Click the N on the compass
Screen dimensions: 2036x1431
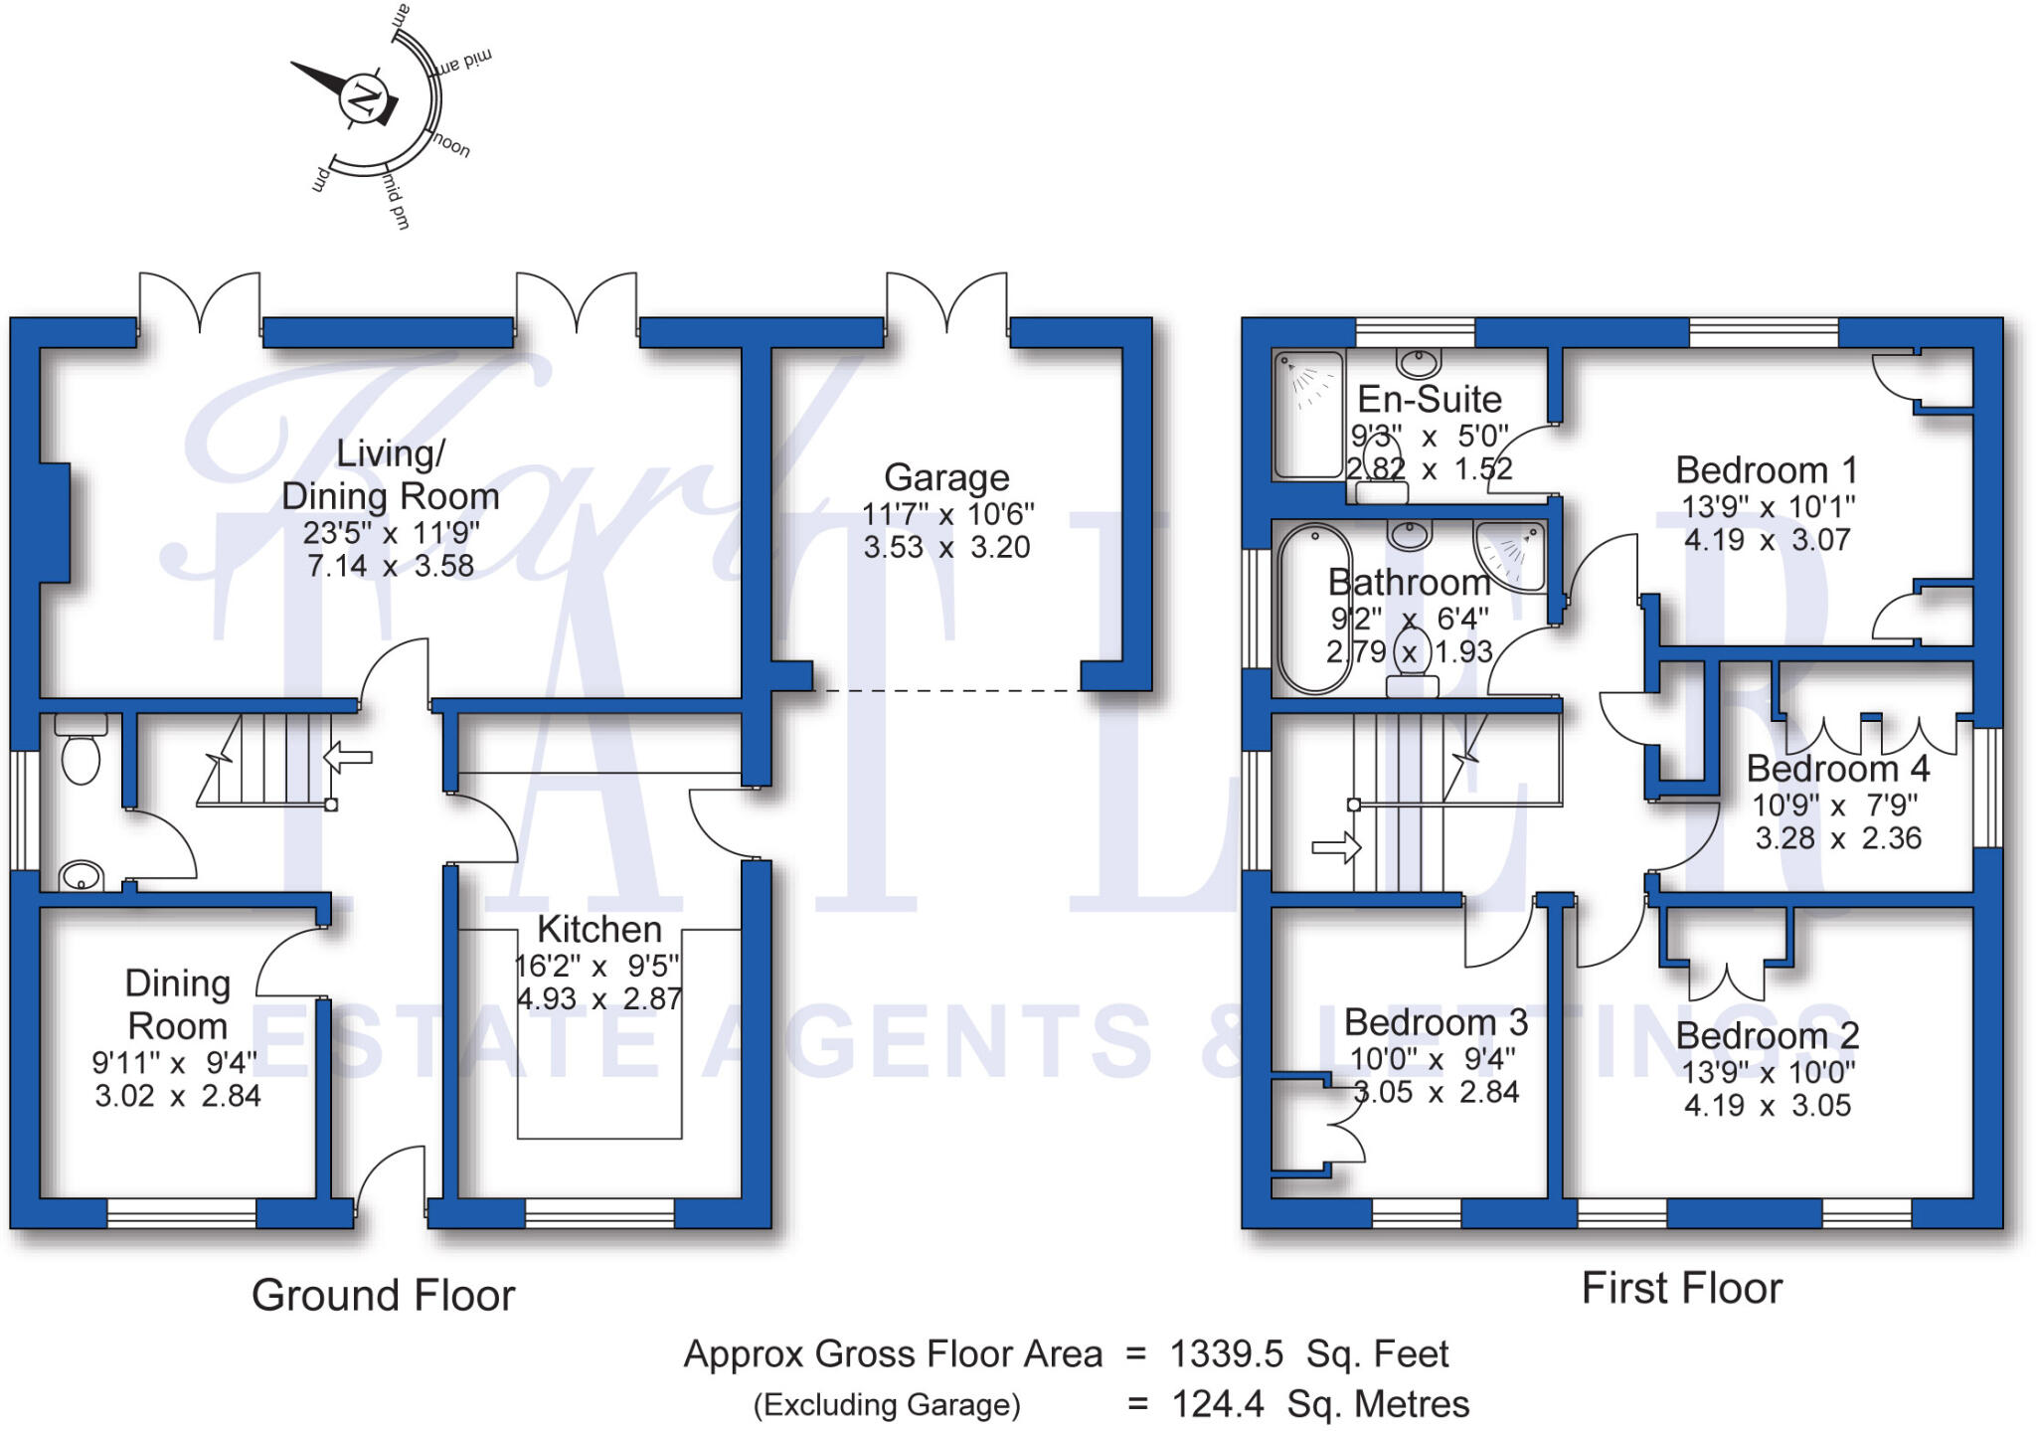pos(363,99)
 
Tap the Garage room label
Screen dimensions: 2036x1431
pos(946,478)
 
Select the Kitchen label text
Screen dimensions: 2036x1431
pos(599,930)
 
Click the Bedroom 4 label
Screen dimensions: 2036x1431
pos(1838,769)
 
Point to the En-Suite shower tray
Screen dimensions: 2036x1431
pos(1308,414)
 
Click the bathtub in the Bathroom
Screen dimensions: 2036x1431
pos(1314,608)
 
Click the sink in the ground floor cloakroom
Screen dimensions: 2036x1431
pos(81,876)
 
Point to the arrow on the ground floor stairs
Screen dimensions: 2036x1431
pos(348,757)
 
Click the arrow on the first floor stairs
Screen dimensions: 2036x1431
pos(1336,848)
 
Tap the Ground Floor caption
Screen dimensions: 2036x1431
pos(383,1296)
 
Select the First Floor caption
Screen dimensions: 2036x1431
pos(1681,1289)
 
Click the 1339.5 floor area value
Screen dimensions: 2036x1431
pos(1226,1354)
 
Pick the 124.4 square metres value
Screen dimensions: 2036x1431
pos(1218,1404)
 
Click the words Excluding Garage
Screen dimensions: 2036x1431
pos(887,1405)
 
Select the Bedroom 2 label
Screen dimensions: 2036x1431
pos(1767,1036)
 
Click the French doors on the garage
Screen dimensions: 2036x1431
pos(946,302)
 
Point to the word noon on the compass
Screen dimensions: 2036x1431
pos(451,146)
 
